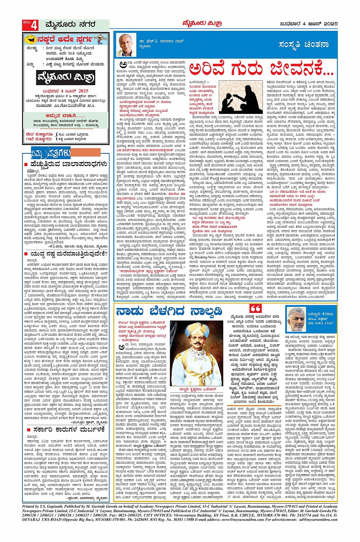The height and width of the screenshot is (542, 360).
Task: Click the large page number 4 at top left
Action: pyautogui.click(x=34, y=26)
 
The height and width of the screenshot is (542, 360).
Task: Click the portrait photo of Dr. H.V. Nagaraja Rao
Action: pyautogui.click(x=127, y=45)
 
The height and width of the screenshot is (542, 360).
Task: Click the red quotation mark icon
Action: pyautogui.click(x=256, y=309)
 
